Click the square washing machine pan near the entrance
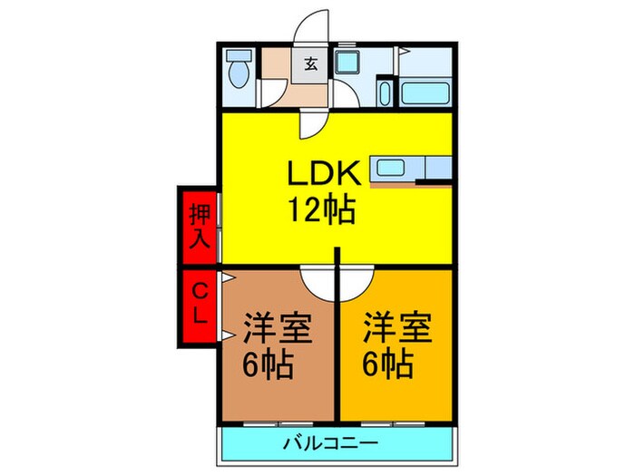pyautogui.click(x=347, y=62)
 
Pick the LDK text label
pyautogui.click(x=324, y=174)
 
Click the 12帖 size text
pyautogui.click(x=322, y=212)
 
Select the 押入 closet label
pyautogui.click(x=200, y=227)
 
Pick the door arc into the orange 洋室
pyautogui.click(x=357, y=282)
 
